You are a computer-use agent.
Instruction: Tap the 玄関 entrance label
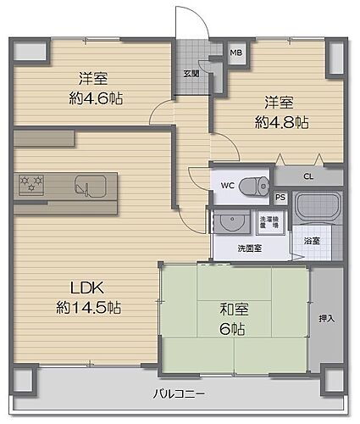(x=191, y=73)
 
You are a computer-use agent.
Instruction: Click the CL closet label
(x=307, y=177)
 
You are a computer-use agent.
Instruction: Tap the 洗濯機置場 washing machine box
(x=269, y=223)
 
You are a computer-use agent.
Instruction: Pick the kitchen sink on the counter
(x=88, y=184)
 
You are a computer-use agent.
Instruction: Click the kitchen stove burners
(x=32, y=183)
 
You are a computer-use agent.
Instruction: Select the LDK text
(x=74, y=286)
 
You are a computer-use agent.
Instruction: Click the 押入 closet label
(x=327, y=318)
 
